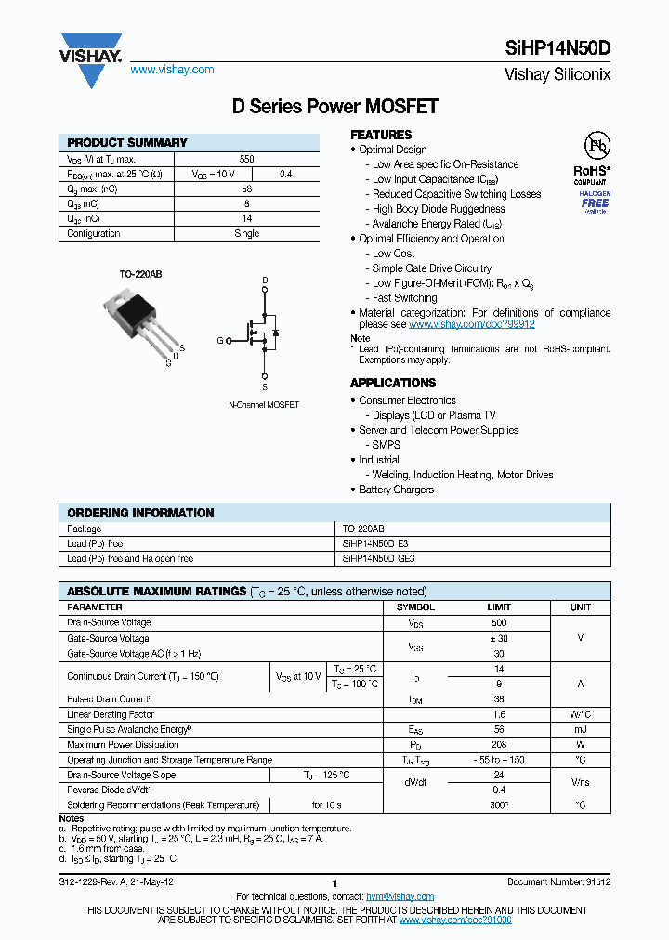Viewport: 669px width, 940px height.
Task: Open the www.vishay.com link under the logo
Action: [172, 70]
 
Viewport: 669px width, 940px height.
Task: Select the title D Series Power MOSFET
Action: [334, 107]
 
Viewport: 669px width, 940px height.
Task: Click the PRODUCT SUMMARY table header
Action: [127, 143]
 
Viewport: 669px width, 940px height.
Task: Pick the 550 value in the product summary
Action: [246, 160]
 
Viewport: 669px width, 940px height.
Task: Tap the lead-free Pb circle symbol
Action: [596, 146]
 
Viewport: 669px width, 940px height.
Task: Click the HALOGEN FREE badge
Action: [595, 201]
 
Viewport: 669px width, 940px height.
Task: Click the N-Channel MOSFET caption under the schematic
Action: [264, 405]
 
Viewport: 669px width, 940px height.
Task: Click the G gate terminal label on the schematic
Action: [220, 341]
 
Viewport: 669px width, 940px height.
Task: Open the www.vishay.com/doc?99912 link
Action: [471, 324]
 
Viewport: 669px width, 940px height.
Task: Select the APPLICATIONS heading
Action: [392, 383]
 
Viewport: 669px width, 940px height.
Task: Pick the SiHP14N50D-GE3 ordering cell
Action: [378, 559]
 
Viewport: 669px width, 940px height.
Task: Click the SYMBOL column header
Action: [415, 607]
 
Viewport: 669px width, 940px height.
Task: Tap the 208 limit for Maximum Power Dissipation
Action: [499, 745]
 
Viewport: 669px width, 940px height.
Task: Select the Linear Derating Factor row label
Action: [110, 714]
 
